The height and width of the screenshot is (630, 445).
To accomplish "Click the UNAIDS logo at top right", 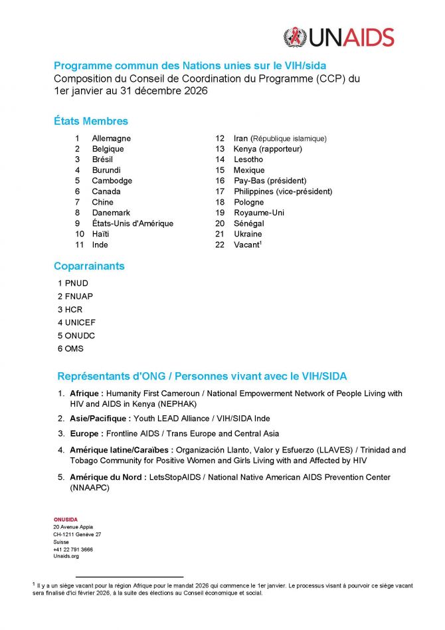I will coord(339,37).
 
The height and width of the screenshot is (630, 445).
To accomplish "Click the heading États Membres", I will coord(91,121).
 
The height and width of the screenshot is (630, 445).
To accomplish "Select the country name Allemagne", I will coord(111,138).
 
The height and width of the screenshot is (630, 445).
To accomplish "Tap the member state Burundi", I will coord(106,170).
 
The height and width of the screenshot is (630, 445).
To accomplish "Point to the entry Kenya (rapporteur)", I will coord(268,149).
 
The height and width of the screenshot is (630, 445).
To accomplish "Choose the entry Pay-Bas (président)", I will coord(270,181).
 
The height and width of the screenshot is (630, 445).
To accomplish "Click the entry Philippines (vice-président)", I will coord(283,191).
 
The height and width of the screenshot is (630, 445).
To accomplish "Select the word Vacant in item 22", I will coord(246,245).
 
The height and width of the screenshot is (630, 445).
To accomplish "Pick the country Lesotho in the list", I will coord(248,159).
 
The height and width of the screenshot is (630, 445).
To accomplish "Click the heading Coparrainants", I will coord(89,266).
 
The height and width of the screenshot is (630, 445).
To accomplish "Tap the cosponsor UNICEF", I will coord(80,322).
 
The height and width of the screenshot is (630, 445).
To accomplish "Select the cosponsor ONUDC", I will coord(80,336).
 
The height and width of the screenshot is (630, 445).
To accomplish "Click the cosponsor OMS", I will coord(74,348).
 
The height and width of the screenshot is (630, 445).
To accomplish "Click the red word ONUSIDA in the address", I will coord(66,519).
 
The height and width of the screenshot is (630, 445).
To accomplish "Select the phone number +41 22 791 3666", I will coord(73,550).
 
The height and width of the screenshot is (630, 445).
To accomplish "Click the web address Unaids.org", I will coord(66,557).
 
